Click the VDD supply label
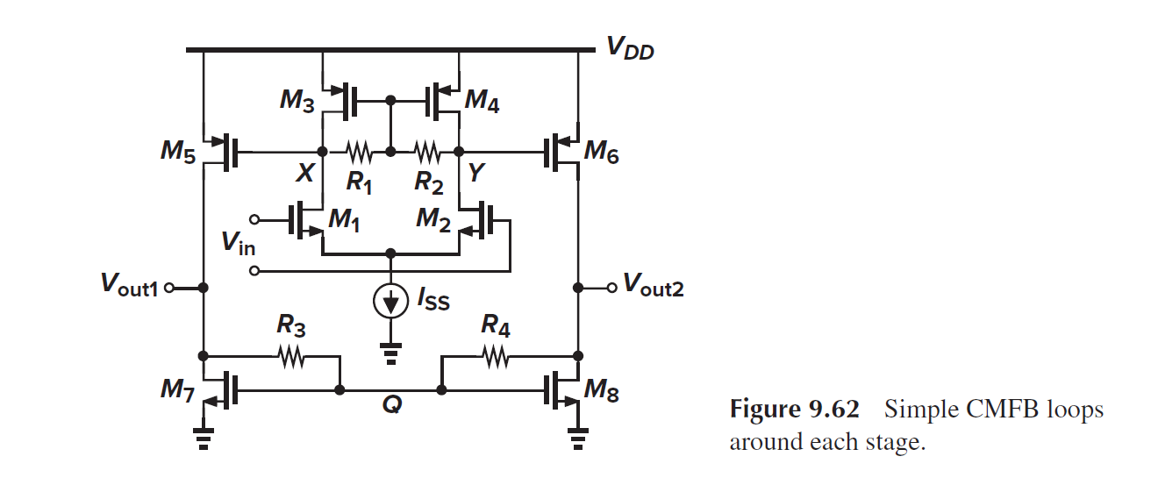pyautogui.click(x=630, y=50)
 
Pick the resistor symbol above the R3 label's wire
pyautogui.click(x=290, y=356)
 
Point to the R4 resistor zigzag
pyautogui.click(x=495, y=356)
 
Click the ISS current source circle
pyautogui.click(x=390, y=302)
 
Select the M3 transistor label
pyautogui.click(x=297, y=100)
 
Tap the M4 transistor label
pyautogui.click(x=482, y=100)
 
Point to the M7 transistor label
pyautogui.click(x=177, y=389)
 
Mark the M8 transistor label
pyautogui.click(x=602, y=391)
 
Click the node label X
pyautogui.click(x=304, y=174)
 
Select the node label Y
pyautogui.click(x=475, y=174)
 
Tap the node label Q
pyautogui.click(x=390, y=406)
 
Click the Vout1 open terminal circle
pyautogui.click(x=169, y=287)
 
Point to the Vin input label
pyautogui.click(x=238, y=243)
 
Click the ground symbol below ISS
pyautogui.click(x=390, y=351)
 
